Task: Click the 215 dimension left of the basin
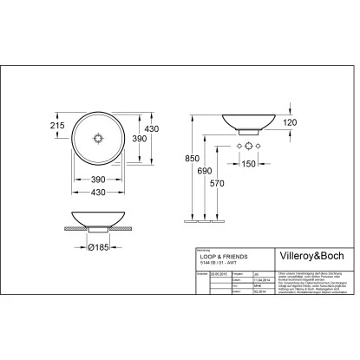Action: [x=58, y=127]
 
